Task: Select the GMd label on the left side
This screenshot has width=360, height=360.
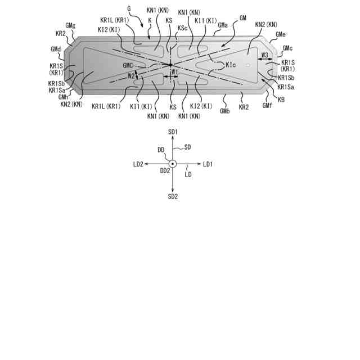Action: [x=55, y=49]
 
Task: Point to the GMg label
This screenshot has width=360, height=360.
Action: [x=71, y=25]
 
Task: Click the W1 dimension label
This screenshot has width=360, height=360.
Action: [x=174, y=73]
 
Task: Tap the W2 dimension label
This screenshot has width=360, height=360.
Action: [x=130, y=76]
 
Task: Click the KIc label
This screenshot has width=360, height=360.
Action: [x=231, y=65]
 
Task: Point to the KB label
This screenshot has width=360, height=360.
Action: [x=281, y=99]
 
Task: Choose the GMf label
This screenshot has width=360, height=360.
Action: [x=267, y=105]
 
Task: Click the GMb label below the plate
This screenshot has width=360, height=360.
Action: [x=225, y=111]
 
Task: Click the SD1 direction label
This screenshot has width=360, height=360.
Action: [x=173, y=131]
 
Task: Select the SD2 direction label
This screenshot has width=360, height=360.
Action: [x=173, y=196]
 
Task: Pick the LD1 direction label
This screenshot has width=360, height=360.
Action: [x=208, y=164]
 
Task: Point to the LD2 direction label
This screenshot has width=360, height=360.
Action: [x=138, y=164]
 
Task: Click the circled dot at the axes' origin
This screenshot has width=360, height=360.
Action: [x=173, y=164]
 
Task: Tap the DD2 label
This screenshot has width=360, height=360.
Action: [x=165, y=170]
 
